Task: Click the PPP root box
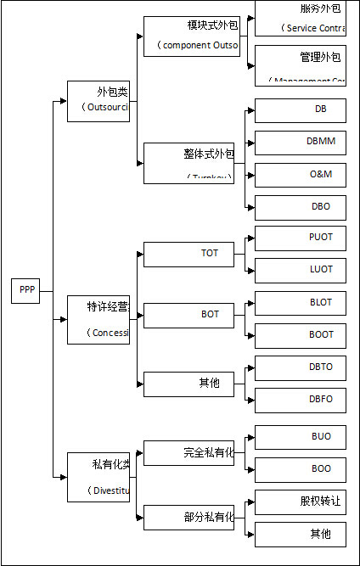point(25,290)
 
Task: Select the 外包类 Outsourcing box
point(98,101)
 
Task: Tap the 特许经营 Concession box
point(98,319)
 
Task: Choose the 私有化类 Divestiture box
point(98,477)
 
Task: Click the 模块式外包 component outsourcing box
point(192,36)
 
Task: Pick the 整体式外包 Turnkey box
point(188,163)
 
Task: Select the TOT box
point(188,254)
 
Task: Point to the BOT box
point(188,315)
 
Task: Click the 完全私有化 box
point(188,453)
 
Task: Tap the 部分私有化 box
point(188,517)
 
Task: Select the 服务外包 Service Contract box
point(301,18)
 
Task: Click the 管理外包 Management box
point(301,65)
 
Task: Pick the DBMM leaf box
point(301,143)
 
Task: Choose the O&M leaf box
point(301,175)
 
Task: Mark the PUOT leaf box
point(301,238)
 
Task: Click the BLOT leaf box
point(301,303)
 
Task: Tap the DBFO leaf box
point(301,400)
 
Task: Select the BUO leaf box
point(301,437)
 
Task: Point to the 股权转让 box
point(301,502)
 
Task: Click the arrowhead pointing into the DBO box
point(250,207)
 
